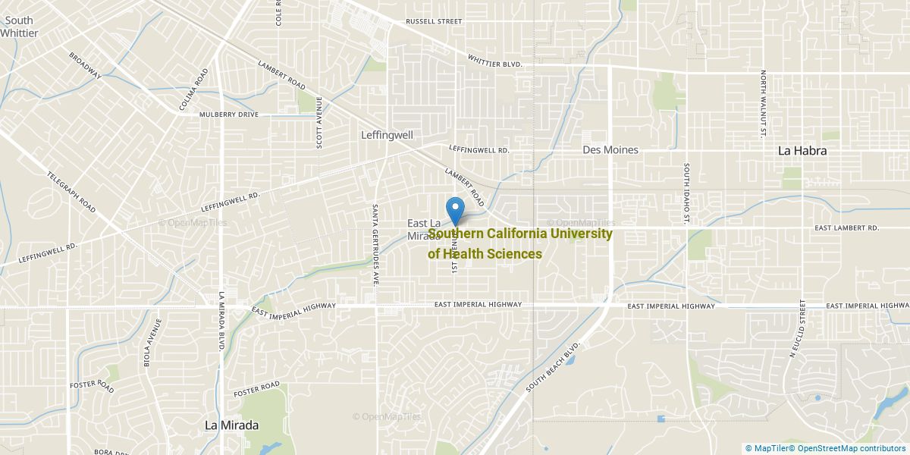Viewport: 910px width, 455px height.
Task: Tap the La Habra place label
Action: click(x=802, y=151)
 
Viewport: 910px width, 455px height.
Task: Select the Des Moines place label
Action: click(x=610, y=150)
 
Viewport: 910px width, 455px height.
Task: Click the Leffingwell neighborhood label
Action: click(x=386, y=135)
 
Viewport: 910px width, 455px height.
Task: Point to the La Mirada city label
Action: click(x=232, y=425)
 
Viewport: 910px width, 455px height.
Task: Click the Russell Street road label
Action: click(x=434, y=21)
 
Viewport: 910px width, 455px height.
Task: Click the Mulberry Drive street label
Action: click(x=229, y=115)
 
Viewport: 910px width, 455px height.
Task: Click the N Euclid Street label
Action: click(x=798, y=328)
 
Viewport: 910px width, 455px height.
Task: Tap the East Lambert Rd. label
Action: click(x=846, y=227)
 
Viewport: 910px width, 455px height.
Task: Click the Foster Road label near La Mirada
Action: click(x=257, y=390)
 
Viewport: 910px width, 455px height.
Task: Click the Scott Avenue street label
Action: click(x=320, y=123)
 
